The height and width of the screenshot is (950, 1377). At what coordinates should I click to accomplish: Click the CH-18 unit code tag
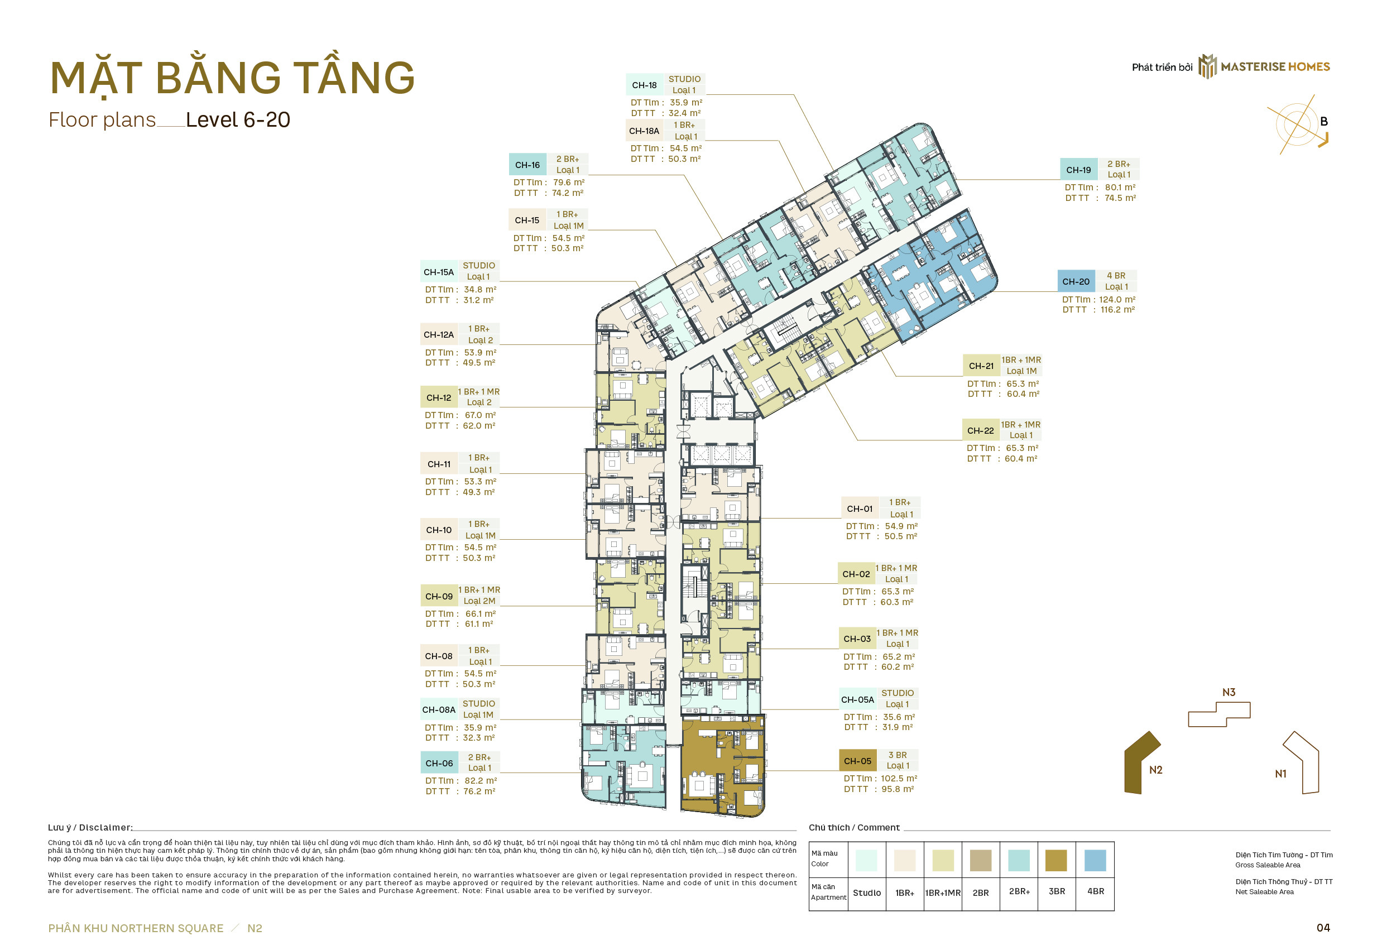(x=644, y=85)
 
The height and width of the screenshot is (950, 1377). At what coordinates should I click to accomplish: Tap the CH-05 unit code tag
(x=857, y=761)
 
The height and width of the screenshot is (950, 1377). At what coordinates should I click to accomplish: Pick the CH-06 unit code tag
(x=439, y=763)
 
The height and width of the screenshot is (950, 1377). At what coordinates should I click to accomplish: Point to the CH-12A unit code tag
(x=439, y=334)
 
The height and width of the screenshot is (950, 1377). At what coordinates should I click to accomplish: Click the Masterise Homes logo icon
(x=1207, y=66)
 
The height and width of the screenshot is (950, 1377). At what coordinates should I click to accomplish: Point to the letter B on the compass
(x=1323, y=122)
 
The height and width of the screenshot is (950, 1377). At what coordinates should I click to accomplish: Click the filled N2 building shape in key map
(x=1141, y=763)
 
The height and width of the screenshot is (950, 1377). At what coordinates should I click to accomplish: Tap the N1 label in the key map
(x=1280, y=774)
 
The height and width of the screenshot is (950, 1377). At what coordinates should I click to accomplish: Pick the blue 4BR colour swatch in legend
(x=1095, y=860)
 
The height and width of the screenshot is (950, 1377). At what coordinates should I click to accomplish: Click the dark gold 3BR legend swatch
(x=1055, y=860)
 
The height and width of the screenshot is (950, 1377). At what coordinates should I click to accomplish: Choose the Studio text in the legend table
(x=866, y=893)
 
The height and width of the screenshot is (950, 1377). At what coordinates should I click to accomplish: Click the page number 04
(x=1323, y=927)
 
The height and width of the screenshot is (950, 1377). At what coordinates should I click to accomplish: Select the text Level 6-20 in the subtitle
(x=238, y=119)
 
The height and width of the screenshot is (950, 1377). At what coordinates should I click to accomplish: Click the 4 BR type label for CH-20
(x=1116, y=276)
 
